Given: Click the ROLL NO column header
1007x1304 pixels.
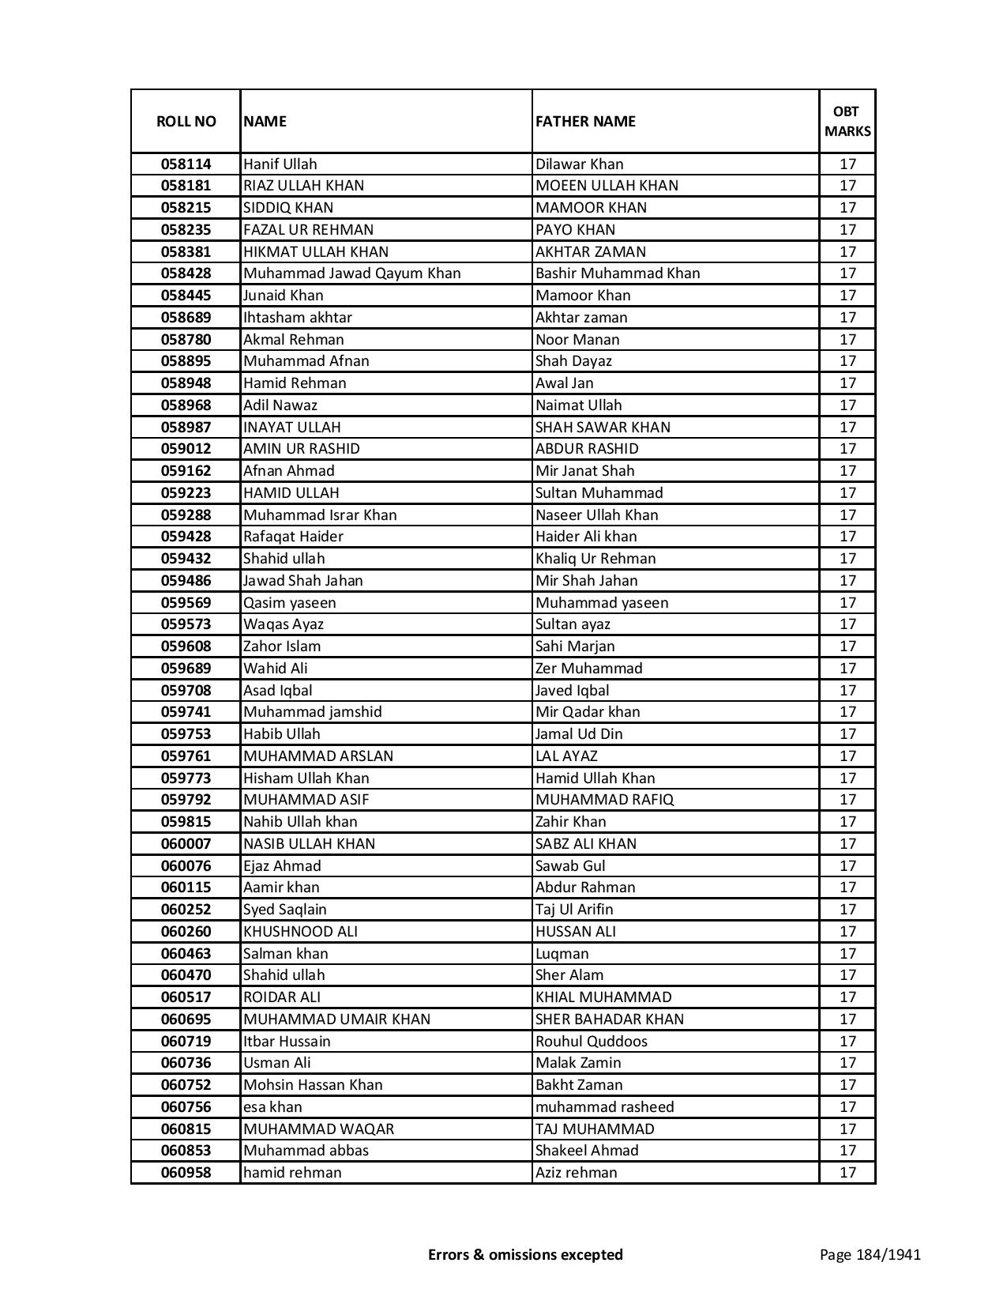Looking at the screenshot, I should (186, 122).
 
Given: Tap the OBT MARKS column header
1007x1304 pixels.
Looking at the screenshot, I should (847, 122).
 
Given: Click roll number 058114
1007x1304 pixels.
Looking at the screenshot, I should (186, 164).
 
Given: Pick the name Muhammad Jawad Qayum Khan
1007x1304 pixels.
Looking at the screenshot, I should (351, 273).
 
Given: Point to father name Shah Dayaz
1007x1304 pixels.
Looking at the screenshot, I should (573, 361).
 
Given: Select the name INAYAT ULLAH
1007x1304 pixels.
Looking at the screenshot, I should (292, 428).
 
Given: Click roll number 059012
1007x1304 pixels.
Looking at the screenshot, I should (186, 449).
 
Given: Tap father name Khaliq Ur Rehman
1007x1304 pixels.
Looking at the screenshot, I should (596, 559).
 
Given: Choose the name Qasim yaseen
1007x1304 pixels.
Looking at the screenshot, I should (289, 603).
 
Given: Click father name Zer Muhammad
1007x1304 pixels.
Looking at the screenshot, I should (588, 669).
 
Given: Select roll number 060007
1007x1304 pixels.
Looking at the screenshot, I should (186, 844).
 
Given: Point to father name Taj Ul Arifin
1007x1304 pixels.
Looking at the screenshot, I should (574, 910).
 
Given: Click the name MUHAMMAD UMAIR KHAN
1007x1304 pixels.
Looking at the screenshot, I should (336, 1019).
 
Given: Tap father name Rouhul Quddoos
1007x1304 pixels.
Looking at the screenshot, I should (591, 1042).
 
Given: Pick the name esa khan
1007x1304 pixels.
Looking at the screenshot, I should (272, 1107).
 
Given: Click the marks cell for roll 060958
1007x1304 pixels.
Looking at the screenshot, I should (847, 1173).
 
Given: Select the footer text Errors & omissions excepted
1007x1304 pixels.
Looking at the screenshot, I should (525, 1254).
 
